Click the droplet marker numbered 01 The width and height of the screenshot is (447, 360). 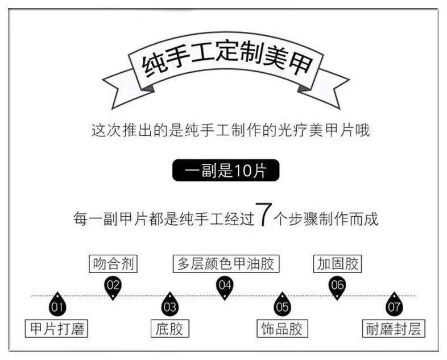point(56,306)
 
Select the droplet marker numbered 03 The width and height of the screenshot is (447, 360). point(169,306)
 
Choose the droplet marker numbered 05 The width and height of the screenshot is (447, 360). point(282,306)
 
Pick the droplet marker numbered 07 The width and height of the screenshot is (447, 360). point(394,306)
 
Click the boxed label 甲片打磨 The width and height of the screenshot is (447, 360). point(57,329)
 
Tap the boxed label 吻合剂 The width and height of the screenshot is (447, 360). point(114,264)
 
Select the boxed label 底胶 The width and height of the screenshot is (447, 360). point(169,329)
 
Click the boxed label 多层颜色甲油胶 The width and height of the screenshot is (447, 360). point(226,264)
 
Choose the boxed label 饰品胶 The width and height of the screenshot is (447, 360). point(282,329)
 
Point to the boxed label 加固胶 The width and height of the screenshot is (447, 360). point(337,264)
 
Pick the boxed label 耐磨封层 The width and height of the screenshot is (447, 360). point(394,329)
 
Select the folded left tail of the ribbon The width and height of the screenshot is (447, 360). point(122,90)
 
